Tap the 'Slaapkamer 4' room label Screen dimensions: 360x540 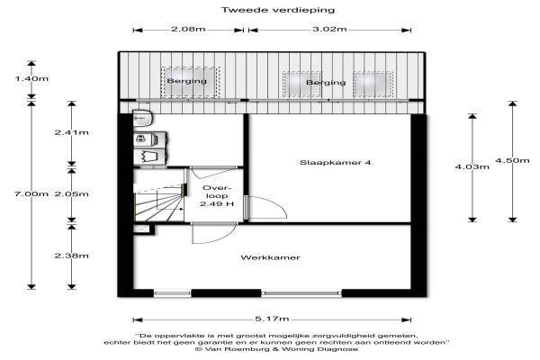pos(328,163)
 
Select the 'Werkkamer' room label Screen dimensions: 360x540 pos(270,258)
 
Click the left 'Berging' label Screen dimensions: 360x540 pos(186,82)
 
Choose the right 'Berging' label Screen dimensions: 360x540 pos(325,83)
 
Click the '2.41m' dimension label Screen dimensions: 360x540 pos(71,133)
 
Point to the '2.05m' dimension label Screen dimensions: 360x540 pos(71,194)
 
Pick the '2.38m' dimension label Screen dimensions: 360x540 pos(71,256)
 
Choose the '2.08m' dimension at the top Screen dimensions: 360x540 pos(188,30)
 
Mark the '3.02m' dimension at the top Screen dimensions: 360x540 pos(328,30)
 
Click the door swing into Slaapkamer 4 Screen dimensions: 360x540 pos(261,209)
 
